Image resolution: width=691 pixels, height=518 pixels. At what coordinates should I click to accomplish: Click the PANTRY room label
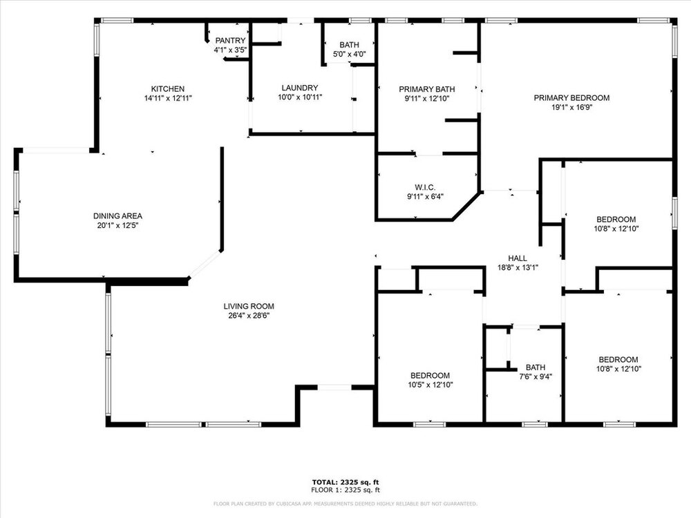pos(230,41)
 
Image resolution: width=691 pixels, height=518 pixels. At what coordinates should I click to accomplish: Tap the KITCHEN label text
pos(168,89)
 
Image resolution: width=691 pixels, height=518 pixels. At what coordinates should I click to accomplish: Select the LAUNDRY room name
pos(300,88)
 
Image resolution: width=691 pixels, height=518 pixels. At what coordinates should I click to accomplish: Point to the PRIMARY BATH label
pos(426,89)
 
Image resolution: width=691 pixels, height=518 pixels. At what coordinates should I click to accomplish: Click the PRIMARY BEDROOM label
pos(571,98)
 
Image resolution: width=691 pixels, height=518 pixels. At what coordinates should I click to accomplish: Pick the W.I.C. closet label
pos(425,188)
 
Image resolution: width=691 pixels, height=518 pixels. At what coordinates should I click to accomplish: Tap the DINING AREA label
pos(117,215)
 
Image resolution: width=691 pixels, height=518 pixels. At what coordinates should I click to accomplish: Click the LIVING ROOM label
pos(249,306)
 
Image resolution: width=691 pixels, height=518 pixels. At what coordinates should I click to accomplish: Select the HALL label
pos(518,258)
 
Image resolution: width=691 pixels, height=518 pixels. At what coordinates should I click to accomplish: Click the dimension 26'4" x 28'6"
pos(249,316)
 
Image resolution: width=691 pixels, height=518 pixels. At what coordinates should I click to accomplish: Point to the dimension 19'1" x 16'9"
pos(571,108)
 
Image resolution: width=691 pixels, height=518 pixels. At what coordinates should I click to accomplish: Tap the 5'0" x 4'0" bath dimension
pos(349,55)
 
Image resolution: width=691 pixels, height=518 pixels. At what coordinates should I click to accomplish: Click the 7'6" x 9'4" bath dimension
pos(536,376)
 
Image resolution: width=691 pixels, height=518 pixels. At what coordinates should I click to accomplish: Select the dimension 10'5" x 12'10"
pos(430,385)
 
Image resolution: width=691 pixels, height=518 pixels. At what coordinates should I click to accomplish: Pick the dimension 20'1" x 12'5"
pos(117,226)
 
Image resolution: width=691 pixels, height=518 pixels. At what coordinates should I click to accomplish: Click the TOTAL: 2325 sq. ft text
pos(345,482)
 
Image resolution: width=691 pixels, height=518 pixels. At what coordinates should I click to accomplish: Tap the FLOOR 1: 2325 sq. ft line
pos(345,490)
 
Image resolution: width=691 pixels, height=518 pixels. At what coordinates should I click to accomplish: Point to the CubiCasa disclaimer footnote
pos(345,503)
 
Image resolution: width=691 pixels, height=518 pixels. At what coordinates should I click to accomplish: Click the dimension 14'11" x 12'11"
pos(168,98)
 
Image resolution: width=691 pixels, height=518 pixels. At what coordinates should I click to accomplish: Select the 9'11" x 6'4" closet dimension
pos(425,197)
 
